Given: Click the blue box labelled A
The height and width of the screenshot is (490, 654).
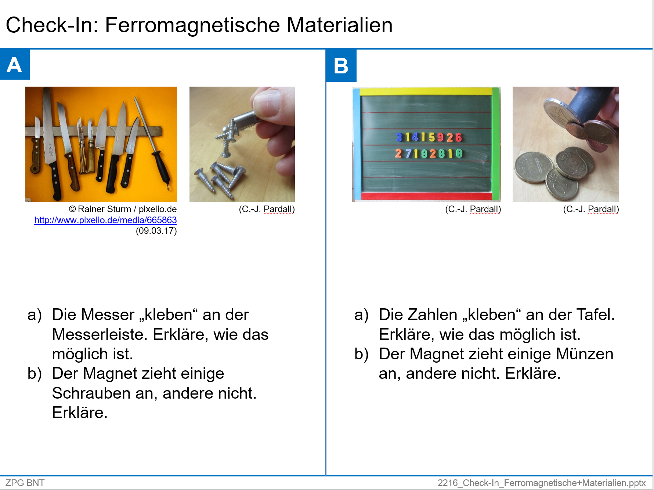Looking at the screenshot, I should coord(15,65).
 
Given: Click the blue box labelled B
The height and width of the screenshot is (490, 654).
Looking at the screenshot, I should coord(341,66).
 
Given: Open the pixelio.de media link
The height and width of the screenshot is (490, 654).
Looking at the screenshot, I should coord(105,220).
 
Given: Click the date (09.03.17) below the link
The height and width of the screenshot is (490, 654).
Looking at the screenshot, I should coord(156,231).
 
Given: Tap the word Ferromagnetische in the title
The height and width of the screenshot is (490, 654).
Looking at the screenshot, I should coord(192,25).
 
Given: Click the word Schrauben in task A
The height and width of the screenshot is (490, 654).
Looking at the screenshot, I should coord(91,393).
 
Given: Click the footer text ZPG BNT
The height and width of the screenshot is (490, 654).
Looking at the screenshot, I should coord(25,483).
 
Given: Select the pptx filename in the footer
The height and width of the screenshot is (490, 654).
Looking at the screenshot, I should coord(541,483).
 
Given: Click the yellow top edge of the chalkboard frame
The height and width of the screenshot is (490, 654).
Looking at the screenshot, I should coord(426,91).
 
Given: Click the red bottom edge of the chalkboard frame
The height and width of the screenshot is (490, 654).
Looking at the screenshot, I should coord(426,196).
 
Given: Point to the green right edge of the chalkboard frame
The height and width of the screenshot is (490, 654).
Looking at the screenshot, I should coord(496,143).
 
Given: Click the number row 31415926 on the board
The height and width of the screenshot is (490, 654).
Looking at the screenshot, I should coord(428,138).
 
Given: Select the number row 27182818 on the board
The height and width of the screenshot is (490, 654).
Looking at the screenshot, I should coord(428,153).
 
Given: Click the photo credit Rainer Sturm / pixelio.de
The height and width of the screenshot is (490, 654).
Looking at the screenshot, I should coord(123,209).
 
